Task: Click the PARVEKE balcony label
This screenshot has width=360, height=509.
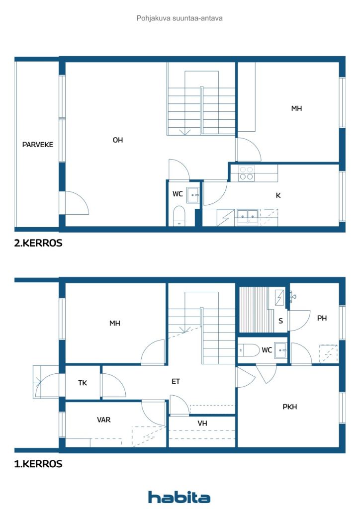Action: (x=38, y=145)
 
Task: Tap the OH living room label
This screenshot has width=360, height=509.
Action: (x=118, y=140)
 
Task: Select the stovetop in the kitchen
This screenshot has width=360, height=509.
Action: (x=246, y=173)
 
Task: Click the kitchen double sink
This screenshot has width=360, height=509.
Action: (x=247, y=217)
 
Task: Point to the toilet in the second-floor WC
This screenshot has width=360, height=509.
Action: (x=179, y=215)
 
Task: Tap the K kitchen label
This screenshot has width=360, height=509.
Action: (x=278, y=195)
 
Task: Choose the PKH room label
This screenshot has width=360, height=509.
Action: (x=289, y=407)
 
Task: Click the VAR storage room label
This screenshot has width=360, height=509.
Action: (x=103, y=420)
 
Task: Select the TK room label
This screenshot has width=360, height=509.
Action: (x=83, y=383)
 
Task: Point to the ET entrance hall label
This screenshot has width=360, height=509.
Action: (x=176, y=381)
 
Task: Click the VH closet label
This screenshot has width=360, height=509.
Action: (x=202, y=424)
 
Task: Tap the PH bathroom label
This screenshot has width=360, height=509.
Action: (x=322, y=318)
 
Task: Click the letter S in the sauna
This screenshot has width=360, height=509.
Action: (x=281, y=321)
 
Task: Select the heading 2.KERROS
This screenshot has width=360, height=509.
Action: (x=38, y=243)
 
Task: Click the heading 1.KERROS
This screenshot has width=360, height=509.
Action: (x=38, y=464)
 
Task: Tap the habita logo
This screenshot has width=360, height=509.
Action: (x=179, y=497)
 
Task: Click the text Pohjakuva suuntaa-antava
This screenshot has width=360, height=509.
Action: (x=180, y=18)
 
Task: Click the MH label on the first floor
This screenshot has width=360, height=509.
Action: (x=115, y=323)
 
